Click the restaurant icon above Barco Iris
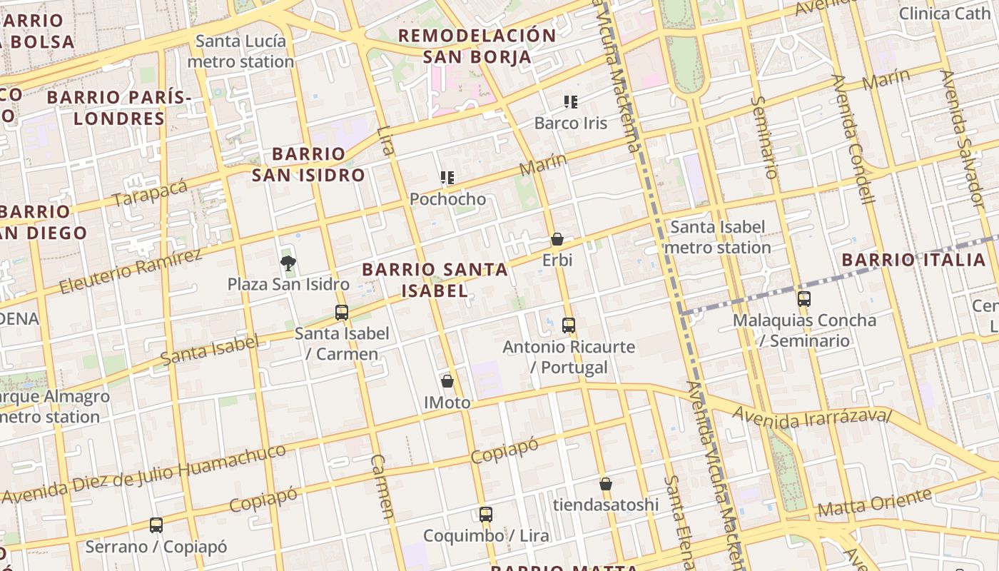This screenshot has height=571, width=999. click(570, 102)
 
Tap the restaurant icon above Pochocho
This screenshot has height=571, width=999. click(447, 178)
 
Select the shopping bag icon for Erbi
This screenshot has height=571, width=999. click(557, 239)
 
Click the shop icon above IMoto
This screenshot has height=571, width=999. click(447, 381)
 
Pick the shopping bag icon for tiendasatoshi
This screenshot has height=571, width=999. click(606, 484)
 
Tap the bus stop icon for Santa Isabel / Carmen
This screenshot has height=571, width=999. click(342, 312)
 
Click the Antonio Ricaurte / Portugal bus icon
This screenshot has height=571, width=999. click(569, 325)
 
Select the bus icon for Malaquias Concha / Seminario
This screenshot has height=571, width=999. click(804, 299)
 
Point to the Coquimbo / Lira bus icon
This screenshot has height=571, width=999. click(486, 514)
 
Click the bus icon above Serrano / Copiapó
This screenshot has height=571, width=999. click(156, 525)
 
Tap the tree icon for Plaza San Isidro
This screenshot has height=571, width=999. click(288, 264)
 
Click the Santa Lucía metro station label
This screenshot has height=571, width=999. click(240, 51)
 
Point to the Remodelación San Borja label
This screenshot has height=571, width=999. click(477, 46)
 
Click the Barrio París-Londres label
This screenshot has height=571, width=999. click(119, 108)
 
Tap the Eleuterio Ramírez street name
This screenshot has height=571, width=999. click(131, 271)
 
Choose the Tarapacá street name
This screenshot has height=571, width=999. click(150, 193)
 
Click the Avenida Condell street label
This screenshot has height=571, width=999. click(854, 139)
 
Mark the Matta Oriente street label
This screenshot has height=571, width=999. click(874, 502)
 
